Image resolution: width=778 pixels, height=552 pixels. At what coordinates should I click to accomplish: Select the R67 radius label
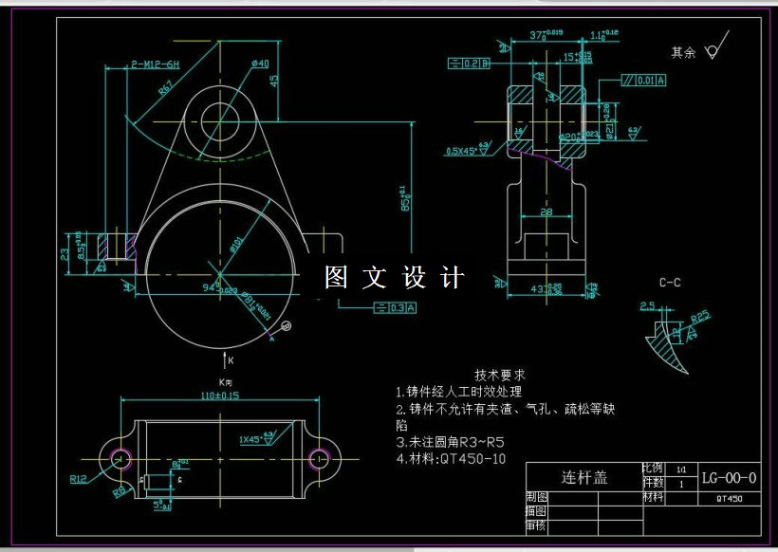[x=167, y=88]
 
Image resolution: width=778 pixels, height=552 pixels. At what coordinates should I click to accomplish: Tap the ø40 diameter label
[x=260, y=64]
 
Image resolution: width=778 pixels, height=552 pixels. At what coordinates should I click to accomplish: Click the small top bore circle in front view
[x=215, y=118]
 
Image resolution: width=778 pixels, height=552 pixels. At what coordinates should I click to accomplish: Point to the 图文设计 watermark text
[x=395, y=278]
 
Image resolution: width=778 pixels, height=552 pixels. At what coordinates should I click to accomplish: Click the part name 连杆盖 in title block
[x=584, y=477]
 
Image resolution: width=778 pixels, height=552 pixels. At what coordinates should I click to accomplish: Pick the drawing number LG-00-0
[x=729, y=477]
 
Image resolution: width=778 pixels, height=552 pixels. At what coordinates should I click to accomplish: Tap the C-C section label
[x=670, y=283]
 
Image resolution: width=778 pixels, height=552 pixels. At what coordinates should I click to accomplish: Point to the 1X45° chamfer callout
[x=251, y=440]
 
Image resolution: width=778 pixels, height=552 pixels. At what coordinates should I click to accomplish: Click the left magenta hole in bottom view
[x=120, y=458]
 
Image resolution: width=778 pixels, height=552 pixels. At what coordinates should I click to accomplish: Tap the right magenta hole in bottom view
[x=324, y=458]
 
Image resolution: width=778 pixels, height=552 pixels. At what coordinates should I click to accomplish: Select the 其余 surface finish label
[x=683, y=52]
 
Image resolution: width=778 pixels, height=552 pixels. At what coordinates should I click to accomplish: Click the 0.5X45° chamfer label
[x=463, y=150]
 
